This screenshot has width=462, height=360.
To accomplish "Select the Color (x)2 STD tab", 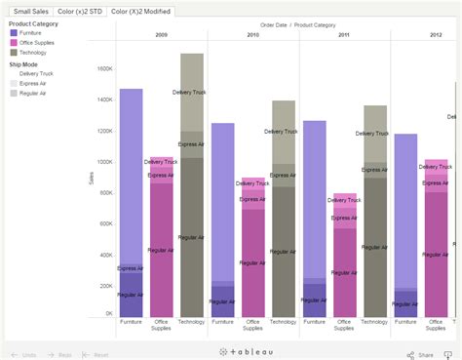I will coord(80,11).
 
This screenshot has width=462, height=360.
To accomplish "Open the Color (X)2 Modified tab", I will coord(142,11).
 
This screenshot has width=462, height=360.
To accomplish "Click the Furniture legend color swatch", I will coord(14,33).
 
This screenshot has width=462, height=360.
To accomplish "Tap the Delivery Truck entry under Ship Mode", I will coord(36,73).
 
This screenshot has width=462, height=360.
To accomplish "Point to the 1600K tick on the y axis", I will coord(104,68).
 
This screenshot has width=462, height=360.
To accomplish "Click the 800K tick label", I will coord(105,191).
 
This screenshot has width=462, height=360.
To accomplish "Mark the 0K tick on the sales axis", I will coord(108,314).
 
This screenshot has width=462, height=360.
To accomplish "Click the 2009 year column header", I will coord(161,34).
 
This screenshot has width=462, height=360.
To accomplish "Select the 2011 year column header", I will coord(344,34).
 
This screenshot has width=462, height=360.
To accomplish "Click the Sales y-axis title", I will coord(90,180).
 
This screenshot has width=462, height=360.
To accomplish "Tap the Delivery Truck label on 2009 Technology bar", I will coord(190,93).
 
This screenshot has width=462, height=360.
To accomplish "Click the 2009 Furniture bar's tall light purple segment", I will coord(132,176).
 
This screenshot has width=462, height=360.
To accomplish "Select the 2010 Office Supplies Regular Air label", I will coord(254,262).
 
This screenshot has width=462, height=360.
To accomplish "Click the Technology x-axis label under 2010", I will coord(284,322).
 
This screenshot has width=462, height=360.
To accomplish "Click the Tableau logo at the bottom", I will coord(231,351).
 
